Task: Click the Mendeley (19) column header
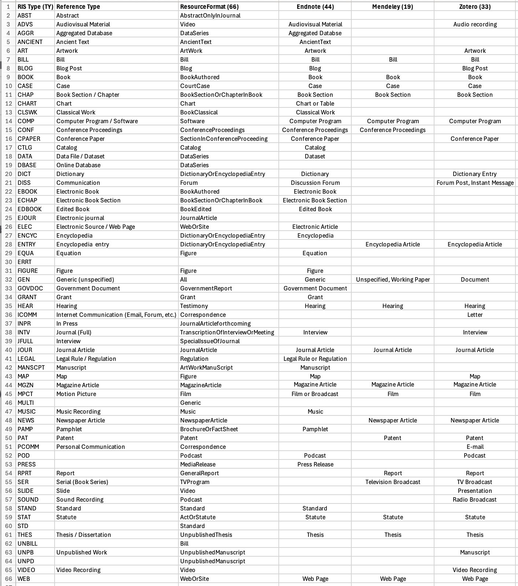[x=392, y=7]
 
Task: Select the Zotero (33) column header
[x=475, y=7]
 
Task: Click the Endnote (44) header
[x=315, y=7]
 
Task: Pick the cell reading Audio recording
[x=475, y=24]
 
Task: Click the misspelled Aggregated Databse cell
[x=315, y=33]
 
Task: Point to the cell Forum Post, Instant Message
[x=475, y=183]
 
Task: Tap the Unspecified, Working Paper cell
[x=393, y=279]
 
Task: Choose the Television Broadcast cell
[x=393, y=482]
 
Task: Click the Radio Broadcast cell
[x=474, y=499]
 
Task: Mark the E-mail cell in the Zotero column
[x=475, y=447]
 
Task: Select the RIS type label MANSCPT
[x=31, y=367]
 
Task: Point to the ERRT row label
[x=25, y=262]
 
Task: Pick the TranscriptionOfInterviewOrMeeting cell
[x=227, y=332]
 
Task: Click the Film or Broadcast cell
[x=315, y=394]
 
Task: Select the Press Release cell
[x=315, y=464]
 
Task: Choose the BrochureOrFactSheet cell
[x=209, y=429]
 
